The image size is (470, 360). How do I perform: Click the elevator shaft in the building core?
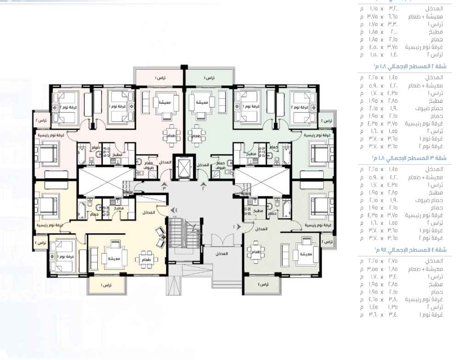[183, 166]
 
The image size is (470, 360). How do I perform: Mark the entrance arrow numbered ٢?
[203, 186]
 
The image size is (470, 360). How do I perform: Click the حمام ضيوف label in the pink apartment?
[148, 166]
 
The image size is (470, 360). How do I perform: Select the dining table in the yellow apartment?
[146, 257]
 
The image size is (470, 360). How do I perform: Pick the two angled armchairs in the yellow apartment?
[161, 237]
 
